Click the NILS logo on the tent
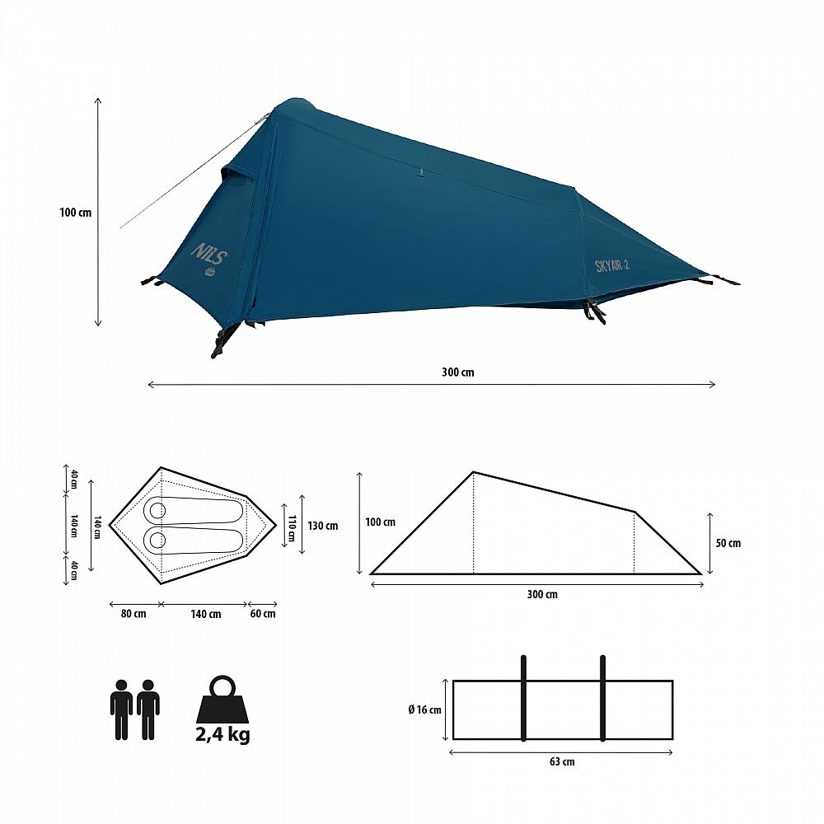tap(209, 254)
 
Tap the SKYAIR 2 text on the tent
tap(612, 266)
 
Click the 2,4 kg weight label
tap(222, 734)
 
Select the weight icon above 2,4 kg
tap(222, 699)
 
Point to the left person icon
tap(121, 709)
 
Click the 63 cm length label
tap(562, 761)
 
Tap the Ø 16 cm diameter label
tap(424, 710)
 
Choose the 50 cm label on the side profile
tap(728, 543)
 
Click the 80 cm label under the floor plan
tap(133, 614)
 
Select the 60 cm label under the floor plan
tap(263, 614)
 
